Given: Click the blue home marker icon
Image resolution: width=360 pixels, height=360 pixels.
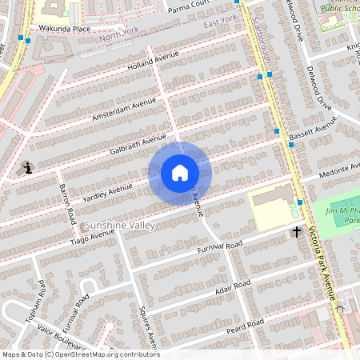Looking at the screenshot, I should pos(180,173).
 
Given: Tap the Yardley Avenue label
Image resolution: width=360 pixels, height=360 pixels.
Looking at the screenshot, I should pos(108,192).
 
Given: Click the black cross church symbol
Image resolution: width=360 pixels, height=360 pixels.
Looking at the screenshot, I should pos(296,232).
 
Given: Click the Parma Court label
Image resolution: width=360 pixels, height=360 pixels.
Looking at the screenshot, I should pos(189,9).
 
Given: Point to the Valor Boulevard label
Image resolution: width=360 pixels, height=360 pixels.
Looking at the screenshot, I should pos(59,339).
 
